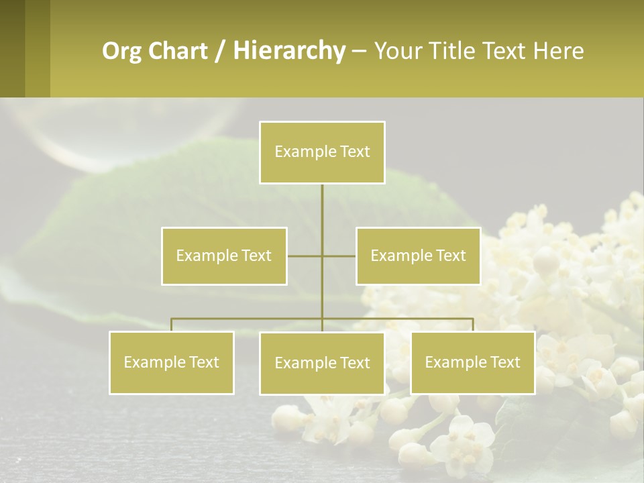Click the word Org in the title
tap(121, 51)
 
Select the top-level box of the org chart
tap(322, 152)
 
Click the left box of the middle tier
tap(224, 256)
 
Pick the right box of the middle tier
tap(418, 256)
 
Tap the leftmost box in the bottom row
tap(171, 363)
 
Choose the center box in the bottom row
tap(322, 364)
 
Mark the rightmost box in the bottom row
tap(472, 363)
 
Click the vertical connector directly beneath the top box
tap(322, 208)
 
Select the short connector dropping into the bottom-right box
tap(472, 325)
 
